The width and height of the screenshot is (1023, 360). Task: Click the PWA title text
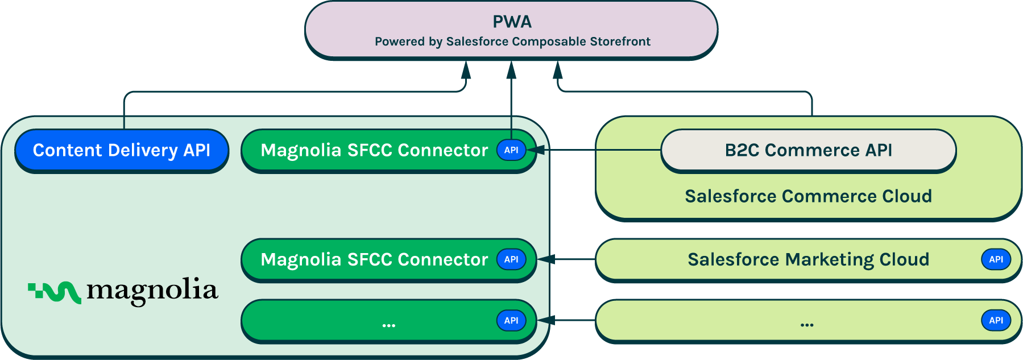(x=512, y=22)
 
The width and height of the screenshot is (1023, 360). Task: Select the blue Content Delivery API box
(x=121, y=150)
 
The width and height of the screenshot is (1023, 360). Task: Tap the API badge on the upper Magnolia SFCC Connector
(x=511, y=150)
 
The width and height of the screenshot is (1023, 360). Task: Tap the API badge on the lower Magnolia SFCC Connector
(x=511, y=259)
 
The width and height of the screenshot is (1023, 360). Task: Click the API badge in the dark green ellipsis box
(x=511, y=320)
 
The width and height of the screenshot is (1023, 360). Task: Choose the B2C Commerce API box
(x=808, y=150)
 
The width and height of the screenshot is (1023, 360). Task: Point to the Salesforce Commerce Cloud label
(x=808, y=196)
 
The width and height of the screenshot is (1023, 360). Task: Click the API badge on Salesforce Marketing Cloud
(x=996, y=259)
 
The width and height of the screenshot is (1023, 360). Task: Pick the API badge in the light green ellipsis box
(x=996, y=320)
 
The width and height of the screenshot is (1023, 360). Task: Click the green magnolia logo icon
(x=55, y=292)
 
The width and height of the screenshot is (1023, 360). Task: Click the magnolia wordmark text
(x=152, y=291)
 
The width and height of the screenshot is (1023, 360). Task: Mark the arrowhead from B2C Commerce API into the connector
(x=537, y=150)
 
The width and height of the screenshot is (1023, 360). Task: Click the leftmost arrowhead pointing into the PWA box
(x=466, y=70)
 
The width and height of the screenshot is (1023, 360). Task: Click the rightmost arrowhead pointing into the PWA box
(x=558, y=70)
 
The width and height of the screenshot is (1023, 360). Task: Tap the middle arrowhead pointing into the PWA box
(x=511, y=70)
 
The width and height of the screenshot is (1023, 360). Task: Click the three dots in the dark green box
(x=389, y=325)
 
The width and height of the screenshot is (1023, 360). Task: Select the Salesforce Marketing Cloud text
(x=808, y=259)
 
